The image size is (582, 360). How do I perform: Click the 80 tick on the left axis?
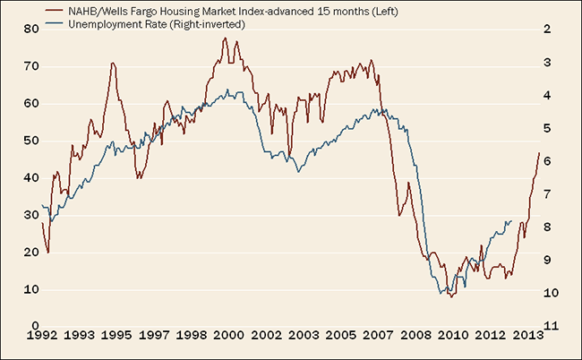(x=31, y=29)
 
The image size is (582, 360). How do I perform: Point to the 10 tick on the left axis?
(x=31, y=289)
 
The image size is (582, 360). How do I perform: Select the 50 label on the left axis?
(x=31, y=141)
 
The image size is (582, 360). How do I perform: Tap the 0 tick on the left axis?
(x=34, y=326)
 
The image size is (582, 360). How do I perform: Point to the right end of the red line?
(x=539, y=153)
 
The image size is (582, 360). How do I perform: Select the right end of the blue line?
(x=512, y=221)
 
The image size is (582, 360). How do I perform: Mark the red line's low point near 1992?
(x=47, y=253)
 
